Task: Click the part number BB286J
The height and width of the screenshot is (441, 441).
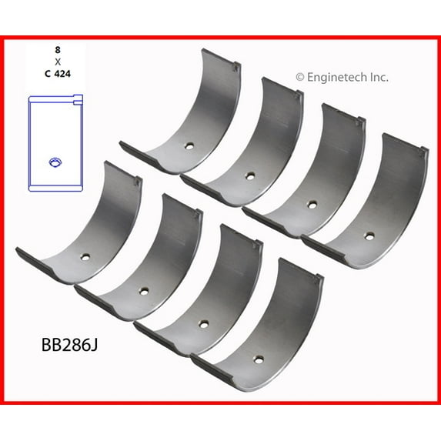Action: (x=69, y=345)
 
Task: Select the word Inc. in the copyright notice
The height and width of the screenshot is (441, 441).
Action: (x=379, y=77)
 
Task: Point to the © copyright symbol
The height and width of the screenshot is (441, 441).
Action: (x=300, y=77)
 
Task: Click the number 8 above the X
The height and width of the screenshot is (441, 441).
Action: (x=58, y=50)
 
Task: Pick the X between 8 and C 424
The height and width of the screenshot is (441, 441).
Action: (x=58, y=62)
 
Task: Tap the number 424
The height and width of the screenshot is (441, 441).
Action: (x=62, y=74)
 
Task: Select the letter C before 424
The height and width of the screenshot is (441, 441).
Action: (x=48, y=74)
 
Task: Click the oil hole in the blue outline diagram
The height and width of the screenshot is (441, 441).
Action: (x=55, y=162)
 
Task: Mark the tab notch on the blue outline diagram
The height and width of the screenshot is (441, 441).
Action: (x=78, y=100)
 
